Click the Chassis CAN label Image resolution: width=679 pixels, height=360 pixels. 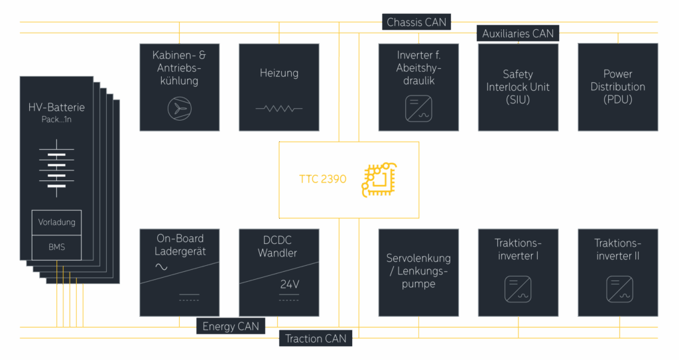tap(417, 22)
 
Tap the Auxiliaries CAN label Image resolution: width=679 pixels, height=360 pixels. tap(518, 33)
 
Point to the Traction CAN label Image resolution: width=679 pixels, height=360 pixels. tap(316, 339)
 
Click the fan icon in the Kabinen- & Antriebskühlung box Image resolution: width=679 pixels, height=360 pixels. tap(179, 109)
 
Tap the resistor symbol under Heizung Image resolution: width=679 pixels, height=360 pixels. tap(279, 108)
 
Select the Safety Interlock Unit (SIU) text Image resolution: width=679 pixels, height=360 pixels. tap(518, 87)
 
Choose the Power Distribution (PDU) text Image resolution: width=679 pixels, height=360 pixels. tap(618, 87)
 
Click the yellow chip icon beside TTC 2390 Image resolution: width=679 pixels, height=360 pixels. tap(378, 180)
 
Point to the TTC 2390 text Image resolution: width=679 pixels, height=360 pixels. tap(323, 179)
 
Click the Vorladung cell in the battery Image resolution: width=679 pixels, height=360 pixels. tap(57, 223)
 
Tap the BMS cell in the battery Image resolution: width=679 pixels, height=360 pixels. tap(57, 247)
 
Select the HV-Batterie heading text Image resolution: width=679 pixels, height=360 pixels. tap(56, 107)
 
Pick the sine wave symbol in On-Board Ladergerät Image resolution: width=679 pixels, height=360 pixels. tap(161, 267)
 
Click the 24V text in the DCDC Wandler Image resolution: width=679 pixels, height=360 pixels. tap(289, 284)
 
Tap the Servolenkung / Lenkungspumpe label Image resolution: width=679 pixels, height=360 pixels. tap(418, 271)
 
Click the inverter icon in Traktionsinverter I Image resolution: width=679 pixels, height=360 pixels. tap(518, 289)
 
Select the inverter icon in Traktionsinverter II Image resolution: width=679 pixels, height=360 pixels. tap(618, 289)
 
